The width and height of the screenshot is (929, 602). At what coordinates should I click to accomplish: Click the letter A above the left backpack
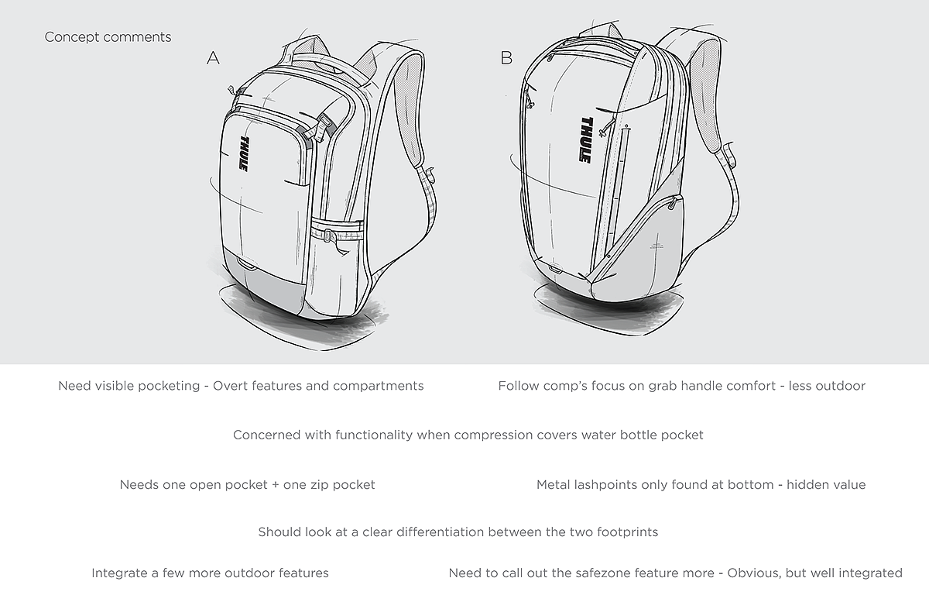pyautogui.click(x=214, y=57)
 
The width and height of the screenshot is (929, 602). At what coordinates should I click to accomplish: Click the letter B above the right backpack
pyautogui.click(x=506, y=57)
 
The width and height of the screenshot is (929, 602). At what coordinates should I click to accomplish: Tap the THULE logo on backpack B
pyautogui.click(x=585, y=139)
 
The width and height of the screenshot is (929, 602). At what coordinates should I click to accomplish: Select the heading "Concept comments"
pyautogui.click(x=108, y=37)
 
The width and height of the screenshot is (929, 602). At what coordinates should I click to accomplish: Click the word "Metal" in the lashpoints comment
pyautogui.click(x=554, y=485)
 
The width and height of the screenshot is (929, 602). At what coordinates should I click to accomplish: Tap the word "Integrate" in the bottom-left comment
pyautogui.click(x=120, y=573)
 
